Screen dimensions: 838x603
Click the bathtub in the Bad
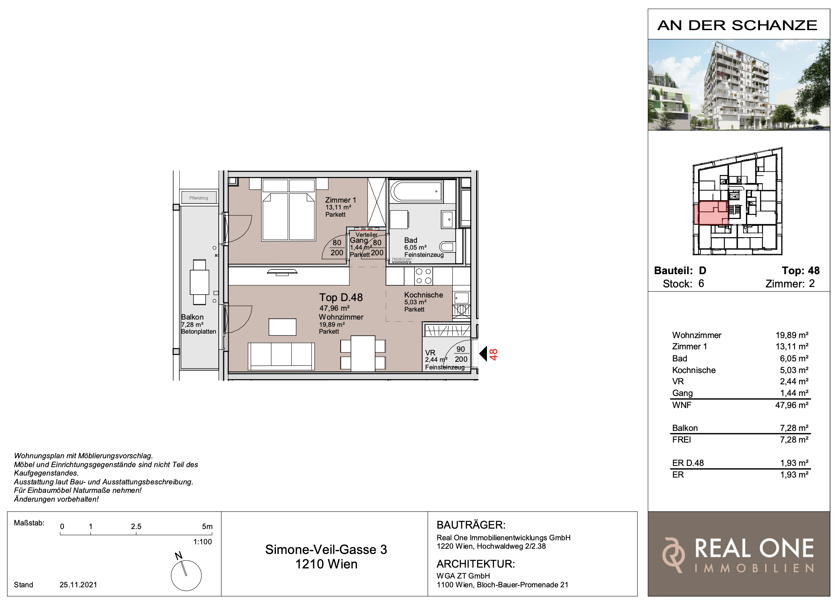417,191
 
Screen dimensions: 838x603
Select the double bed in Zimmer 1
288,210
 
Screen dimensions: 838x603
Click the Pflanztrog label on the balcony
199,198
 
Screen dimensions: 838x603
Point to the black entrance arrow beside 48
483,354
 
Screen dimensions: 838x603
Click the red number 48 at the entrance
494,354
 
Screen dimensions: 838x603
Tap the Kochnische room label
423,295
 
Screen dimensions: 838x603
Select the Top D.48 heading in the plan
341,297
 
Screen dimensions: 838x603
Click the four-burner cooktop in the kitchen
424,276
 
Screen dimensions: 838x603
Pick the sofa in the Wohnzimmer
281,356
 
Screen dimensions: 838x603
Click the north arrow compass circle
186,575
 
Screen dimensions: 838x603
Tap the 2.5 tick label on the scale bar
136,526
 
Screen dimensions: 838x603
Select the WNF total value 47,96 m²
791,405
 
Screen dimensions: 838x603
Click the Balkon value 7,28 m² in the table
794,428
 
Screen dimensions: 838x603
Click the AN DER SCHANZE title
737,25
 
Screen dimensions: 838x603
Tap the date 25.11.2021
78,585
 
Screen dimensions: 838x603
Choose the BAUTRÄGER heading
471,525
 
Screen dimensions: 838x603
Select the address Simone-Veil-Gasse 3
326,549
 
